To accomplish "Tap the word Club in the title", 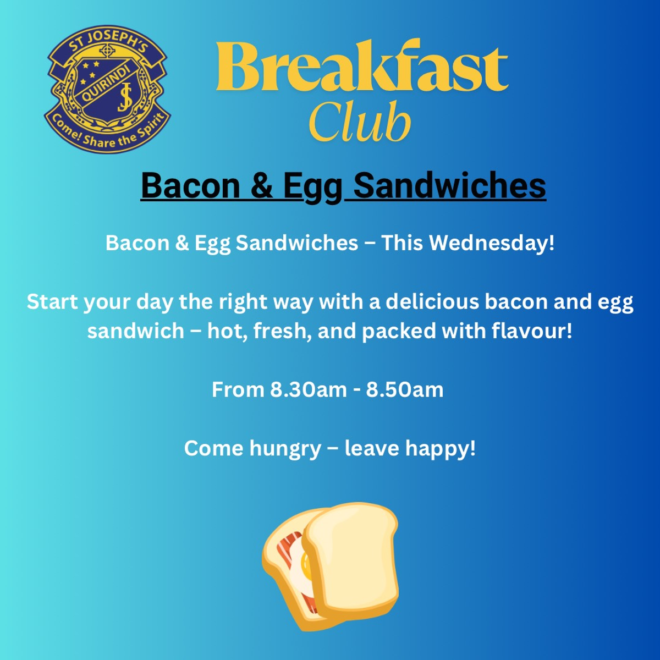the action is pos(359,122).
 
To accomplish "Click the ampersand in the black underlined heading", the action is pos(262,186).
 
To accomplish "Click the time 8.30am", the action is pos(308,390).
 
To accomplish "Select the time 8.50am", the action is pos(404,390).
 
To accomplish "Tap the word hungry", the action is pos(285,449).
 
